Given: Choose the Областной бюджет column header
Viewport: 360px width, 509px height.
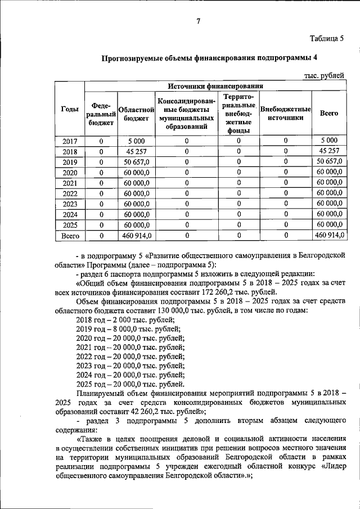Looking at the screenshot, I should (136, 113).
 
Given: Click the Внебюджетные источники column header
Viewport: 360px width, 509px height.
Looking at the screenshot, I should (286, 113).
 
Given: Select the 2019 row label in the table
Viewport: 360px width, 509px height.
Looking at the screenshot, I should (69, 161).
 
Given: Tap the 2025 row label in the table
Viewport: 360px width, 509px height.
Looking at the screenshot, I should (69, 224).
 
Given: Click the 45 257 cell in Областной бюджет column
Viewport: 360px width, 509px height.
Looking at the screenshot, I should (136, 151).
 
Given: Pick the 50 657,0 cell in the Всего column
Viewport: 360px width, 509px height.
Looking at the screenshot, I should (329, 161).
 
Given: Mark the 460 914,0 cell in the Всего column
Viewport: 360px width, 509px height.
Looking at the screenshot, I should (329, 235).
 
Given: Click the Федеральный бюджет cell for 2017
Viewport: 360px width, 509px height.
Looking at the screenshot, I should (101, 141).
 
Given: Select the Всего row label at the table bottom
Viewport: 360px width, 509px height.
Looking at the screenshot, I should (70, 235).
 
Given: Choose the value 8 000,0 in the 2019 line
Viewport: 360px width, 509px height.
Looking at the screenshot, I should (119, 328).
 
